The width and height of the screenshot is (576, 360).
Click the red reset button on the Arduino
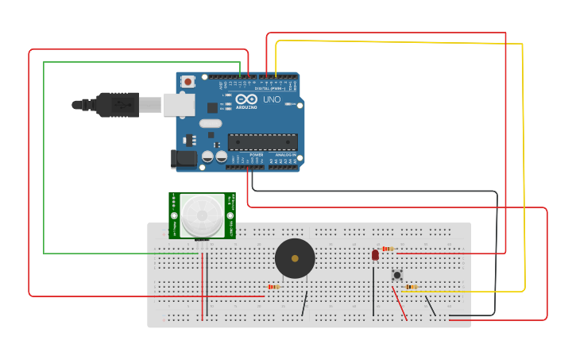[187, 81]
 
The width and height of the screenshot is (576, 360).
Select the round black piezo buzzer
[295, 258]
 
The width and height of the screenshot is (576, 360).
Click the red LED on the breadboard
[375, 255]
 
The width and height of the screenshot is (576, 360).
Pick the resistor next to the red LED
[387, 249]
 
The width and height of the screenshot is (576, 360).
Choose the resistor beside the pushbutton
[412, 287]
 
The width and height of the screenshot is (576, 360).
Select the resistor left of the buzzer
[273, 286]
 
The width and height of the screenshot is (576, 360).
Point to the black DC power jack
[184, 159]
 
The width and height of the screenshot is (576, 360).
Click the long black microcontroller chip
[263, 141]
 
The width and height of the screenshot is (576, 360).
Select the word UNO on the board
[272, 99]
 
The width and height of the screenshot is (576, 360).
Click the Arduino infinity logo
[245, 100]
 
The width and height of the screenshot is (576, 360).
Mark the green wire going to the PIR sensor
[44, 159]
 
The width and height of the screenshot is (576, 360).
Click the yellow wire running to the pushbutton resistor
[523, 159]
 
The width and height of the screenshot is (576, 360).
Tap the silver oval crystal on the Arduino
[211, 123]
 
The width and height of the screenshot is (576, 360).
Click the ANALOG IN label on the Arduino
[284, 154]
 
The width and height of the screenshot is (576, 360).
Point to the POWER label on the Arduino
[256, 154]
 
